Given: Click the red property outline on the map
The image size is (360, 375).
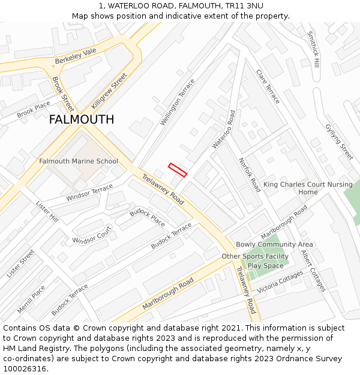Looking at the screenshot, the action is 178,170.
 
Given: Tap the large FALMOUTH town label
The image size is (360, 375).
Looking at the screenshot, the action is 82,119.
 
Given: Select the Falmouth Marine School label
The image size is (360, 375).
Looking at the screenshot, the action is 79,161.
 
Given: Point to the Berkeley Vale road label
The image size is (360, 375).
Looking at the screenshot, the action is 76,56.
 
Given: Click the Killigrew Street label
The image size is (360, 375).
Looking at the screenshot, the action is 110,90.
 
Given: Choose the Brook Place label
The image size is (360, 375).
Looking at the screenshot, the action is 34,110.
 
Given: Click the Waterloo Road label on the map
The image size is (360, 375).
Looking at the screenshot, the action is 223,130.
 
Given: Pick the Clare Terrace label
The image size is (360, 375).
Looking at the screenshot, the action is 268,86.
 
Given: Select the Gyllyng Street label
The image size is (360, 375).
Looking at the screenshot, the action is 339,142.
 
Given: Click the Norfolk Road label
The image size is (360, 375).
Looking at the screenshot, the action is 250,175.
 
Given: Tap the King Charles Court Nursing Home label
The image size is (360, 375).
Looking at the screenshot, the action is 308,188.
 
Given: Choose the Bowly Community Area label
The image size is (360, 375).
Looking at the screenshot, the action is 274,244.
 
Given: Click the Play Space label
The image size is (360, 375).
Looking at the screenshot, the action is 265,266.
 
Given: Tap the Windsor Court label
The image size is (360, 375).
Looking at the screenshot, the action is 92,235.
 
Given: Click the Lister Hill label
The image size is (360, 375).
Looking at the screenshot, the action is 47,211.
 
